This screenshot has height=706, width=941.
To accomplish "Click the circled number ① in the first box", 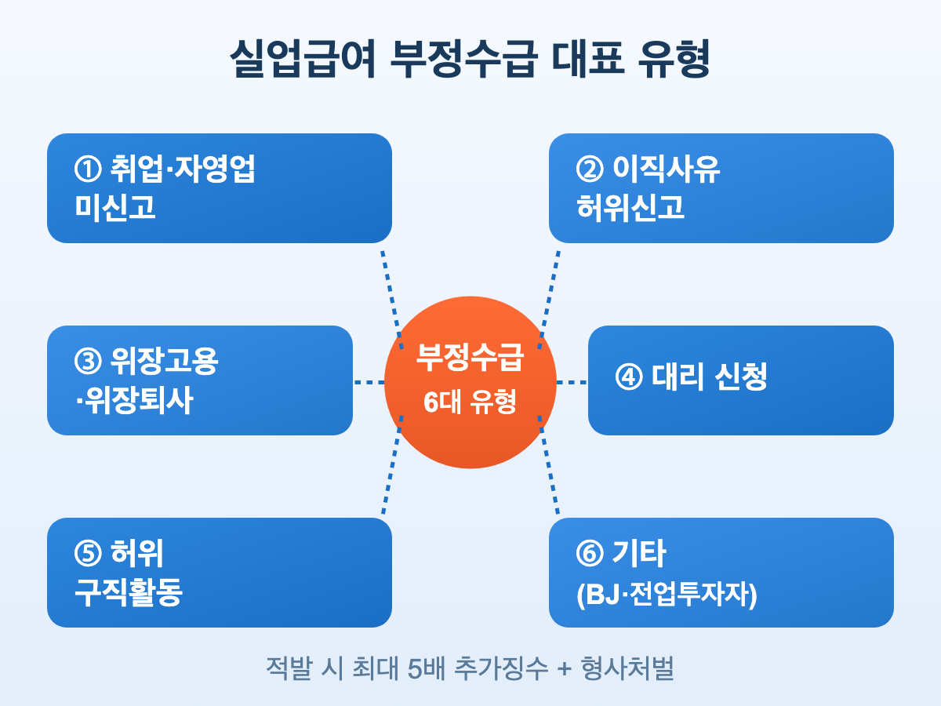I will (x=86, y=169).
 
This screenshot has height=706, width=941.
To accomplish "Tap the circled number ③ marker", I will (x=86, y=362).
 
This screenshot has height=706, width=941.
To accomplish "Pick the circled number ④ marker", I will (x=629, y=377).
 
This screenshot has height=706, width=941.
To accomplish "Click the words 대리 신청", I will (x=709, y=377).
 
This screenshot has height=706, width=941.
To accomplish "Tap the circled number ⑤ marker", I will (x=86, y=554).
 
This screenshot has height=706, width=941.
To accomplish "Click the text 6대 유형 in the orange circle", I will (x=470, y=402).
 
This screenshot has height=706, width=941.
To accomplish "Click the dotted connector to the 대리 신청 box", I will (x=572, y=382).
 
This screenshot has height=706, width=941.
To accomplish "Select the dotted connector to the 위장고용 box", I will (x=369, y=382).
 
